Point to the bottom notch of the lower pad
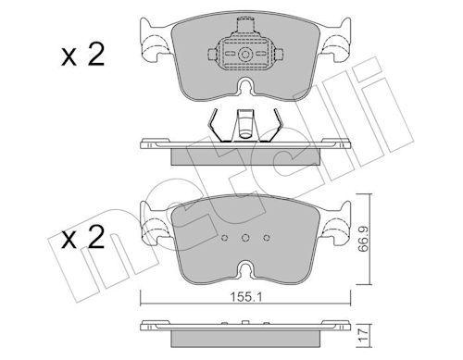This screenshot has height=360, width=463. (244, 273)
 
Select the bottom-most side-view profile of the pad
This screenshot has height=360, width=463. (244, 328)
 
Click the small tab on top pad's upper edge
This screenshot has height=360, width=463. (244, 19)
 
